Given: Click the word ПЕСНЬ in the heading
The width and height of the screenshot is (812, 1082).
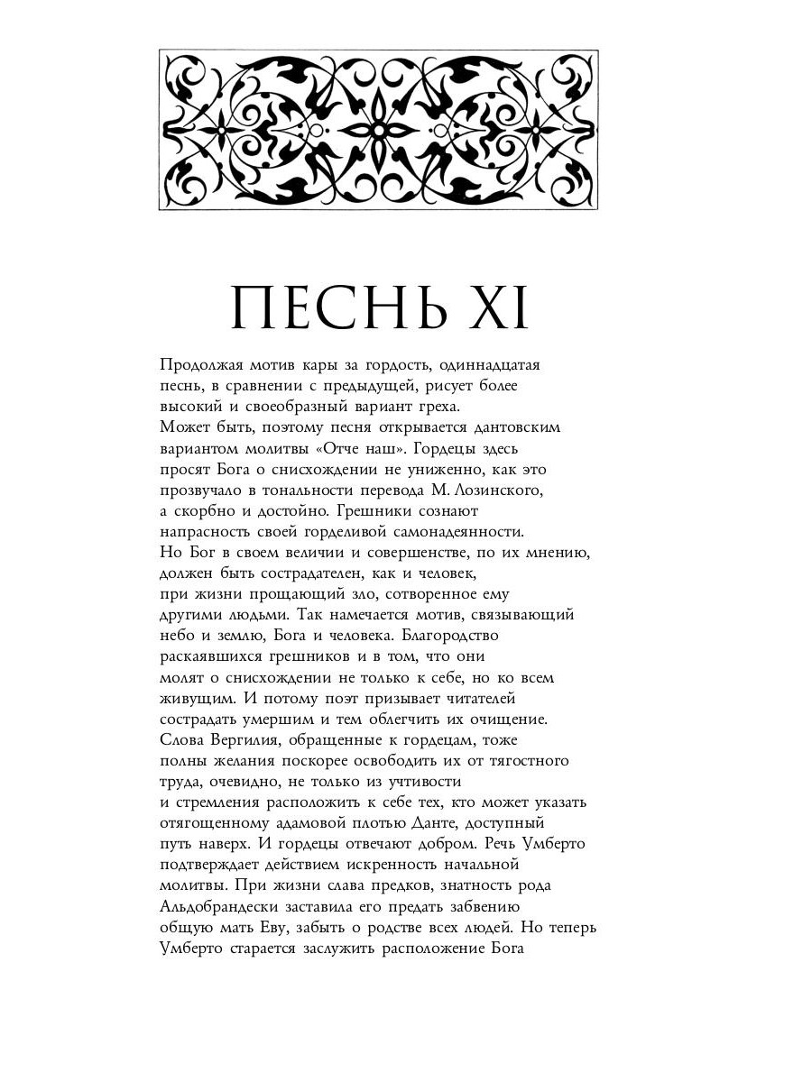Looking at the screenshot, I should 339,308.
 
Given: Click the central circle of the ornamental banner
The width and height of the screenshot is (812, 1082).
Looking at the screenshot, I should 379,130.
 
